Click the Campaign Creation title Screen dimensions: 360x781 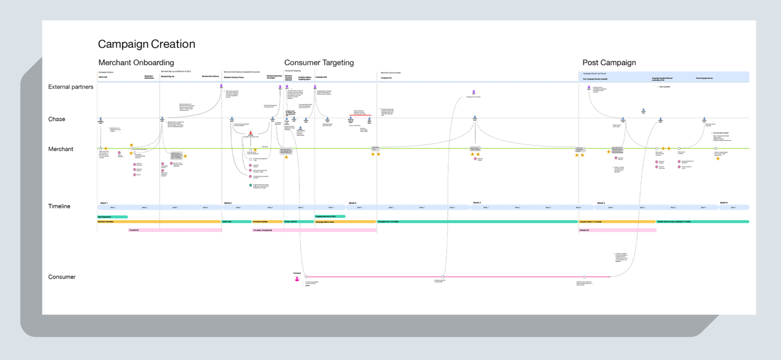tap(147, 44)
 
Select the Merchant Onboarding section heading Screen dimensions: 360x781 tap(136, 63)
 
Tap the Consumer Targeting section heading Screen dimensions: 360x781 tap(319, 63)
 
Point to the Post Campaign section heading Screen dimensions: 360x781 tap(609, 63)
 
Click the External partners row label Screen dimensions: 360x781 tap(71, 87)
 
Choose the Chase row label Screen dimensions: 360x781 tap(57, 119)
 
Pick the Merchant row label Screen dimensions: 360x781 tap(61, 149)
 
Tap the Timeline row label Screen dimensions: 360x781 tap(59, 206)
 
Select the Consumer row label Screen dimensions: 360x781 tap(62, 277)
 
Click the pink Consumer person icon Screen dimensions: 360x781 tap(297, 279)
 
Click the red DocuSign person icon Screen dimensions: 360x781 tap(250, 132)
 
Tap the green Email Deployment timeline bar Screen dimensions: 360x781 tap(112, 217)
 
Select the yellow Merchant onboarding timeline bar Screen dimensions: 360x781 tap(159, 222)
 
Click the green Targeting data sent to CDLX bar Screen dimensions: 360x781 tap(330, 216)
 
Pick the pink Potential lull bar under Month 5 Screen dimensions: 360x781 tap(617, 230)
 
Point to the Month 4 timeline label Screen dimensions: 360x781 tap(477, 203)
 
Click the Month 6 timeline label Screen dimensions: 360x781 tap(724, 203)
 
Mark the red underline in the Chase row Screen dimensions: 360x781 tap(360, 115)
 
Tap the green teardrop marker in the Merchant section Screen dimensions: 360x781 tap(250, 185)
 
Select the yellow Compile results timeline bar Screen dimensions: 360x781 tap(617, 222)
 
